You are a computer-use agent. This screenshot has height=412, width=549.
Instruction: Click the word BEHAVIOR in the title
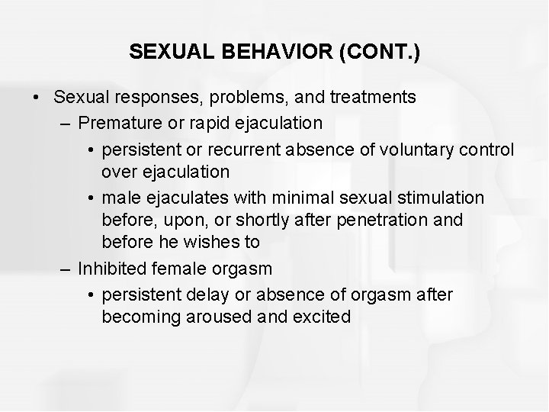coord(262,52)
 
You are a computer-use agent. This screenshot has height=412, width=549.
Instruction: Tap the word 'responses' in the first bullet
coord(153,98)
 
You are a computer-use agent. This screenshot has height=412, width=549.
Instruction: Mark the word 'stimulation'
coord(440,198)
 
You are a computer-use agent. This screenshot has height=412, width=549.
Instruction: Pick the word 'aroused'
coord(223,317)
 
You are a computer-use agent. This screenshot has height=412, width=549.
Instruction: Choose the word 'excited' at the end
coord(321,317)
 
